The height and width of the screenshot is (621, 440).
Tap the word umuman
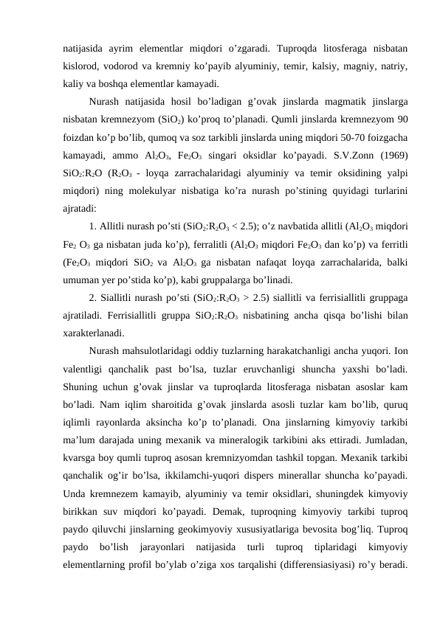coord(82,280)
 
